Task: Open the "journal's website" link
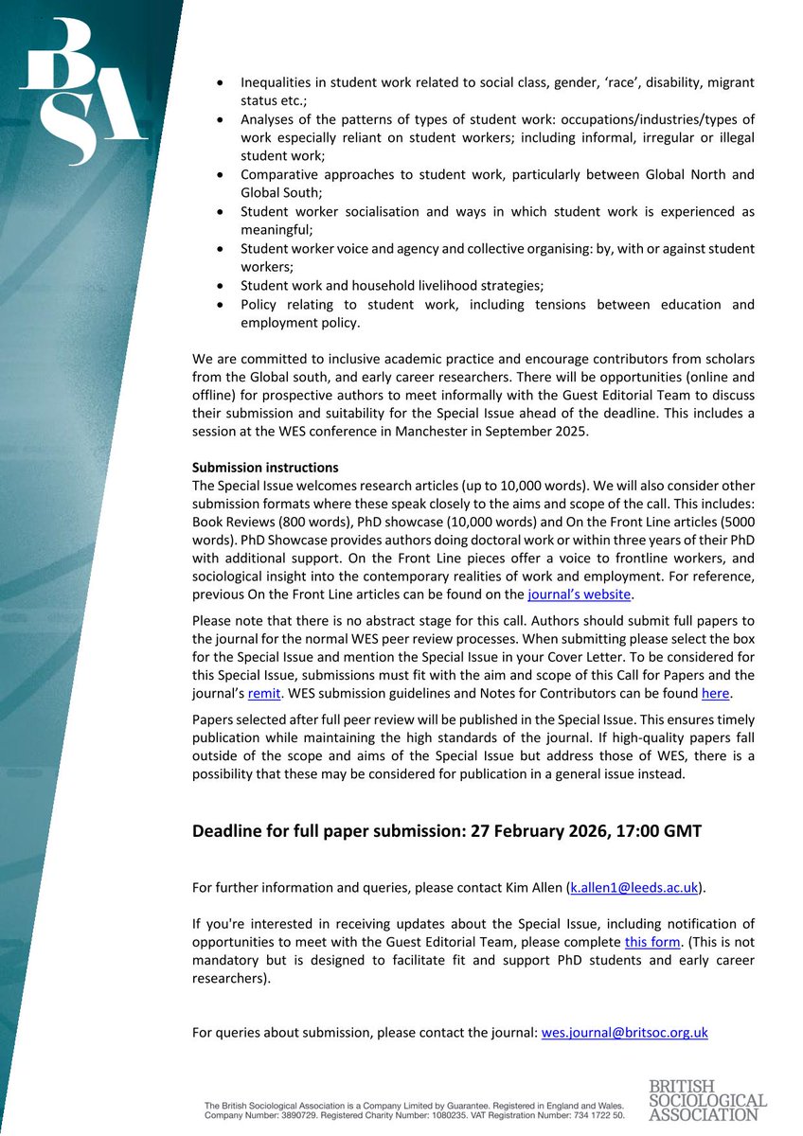pyautogui.click(x=579, y=595)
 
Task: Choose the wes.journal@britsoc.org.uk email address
pyautogui.click(x=624, y=1032)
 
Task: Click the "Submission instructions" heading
pyautogui.click(x=264, y=468)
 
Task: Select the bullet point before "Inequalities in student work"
pyautogui.click(x=221, y=83)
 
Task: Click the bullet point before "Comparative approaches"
pyautogui.click(x=221, y=174)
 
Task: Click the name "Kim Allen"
pyautogui.click(x=531, y=887)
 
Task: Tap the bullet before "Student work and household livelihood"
pyautogui.click(x=221, y=284)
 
